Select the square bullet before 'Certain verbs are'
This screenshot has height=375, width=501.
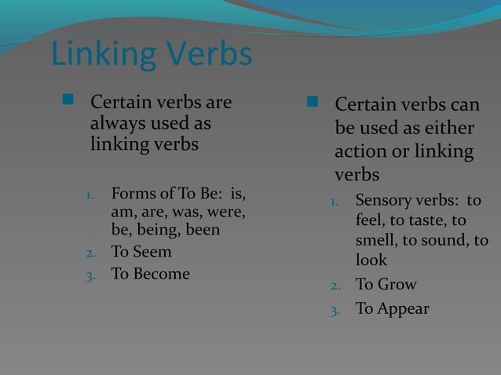pos(68,100)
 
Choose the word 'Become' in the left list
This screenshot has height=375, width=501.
pos(162,274)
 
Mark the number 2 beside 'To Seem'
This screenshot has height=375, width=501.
pos(90,253)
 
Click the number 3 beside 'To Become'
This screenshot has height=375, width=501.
pos(90,275)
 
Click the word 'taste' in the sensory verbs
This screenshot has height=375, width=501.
pos(424,220)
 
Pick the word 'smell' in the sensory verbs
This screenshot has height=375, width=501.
pos(377,240)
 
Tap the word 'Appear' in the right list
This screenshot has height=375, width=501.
pos(404,308)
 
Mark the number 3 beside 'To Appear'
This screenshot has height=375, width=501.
pos(335,310)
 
